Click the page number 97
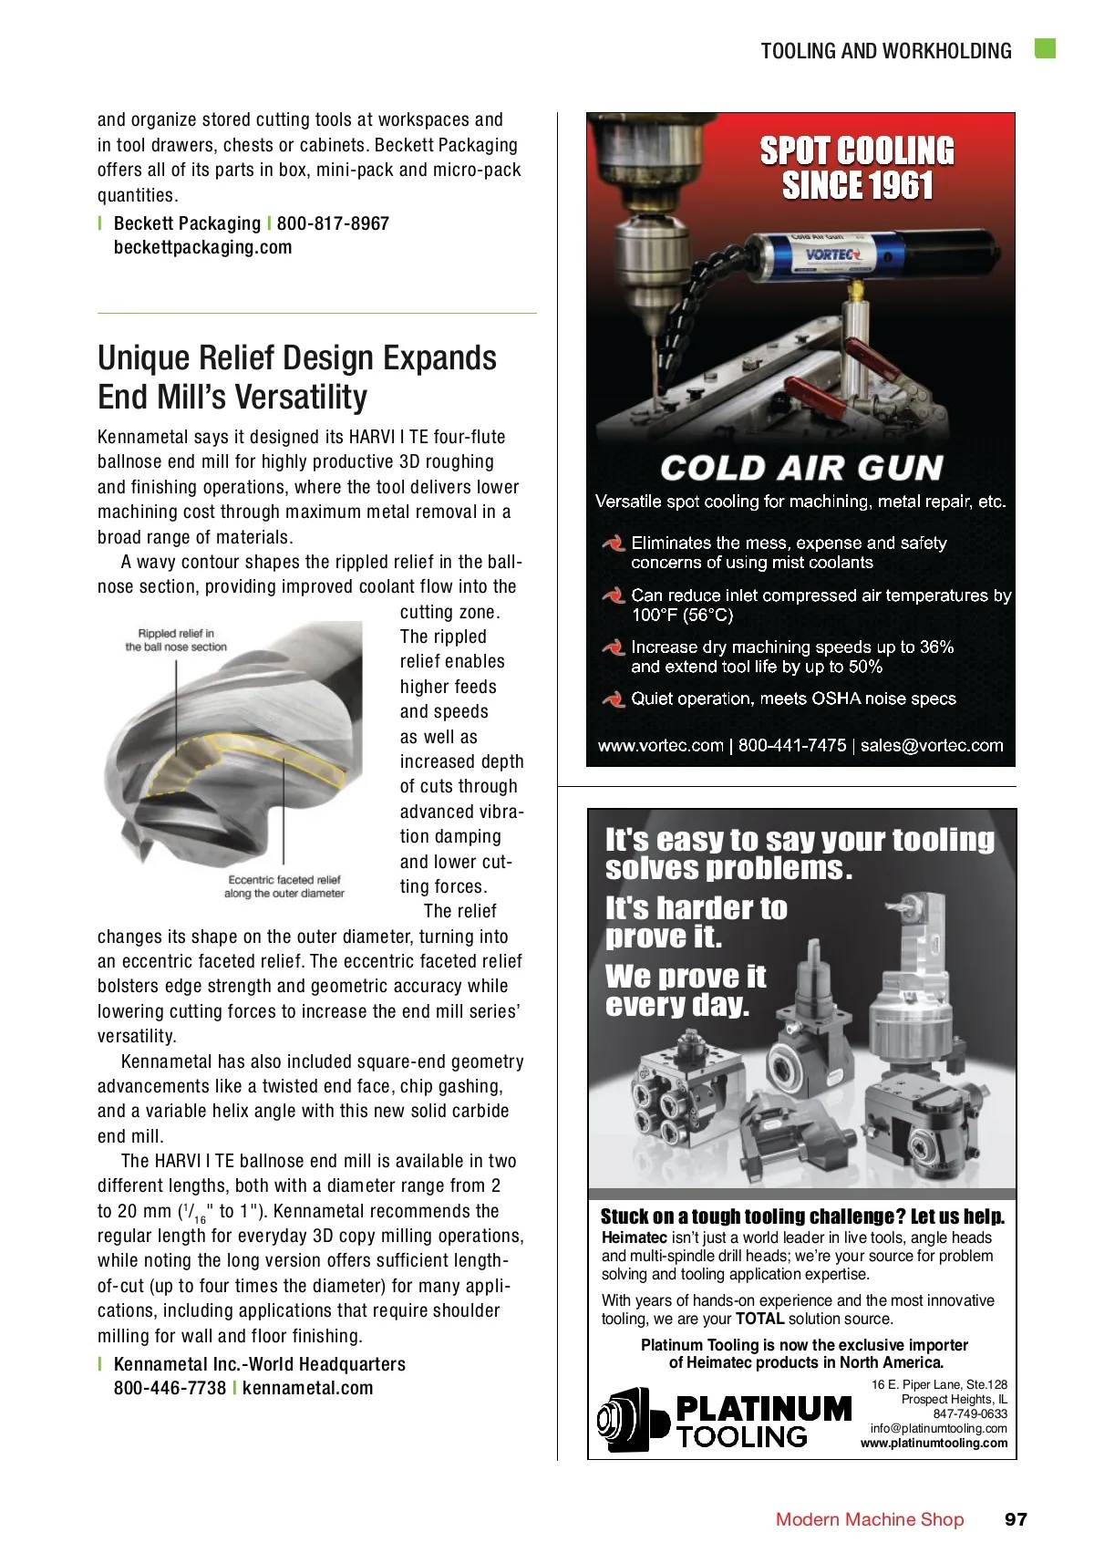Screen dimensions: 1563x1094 [1016, 1519]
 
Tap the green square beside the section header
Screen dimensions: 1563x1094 [1045, 49]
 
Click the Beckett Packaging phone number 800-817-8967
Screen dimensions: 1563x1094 [333, 224]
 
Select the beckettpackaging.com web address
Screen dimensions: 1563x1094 [202, 248]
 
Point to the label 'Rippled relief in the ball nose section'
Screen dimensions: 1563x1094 [176, 640]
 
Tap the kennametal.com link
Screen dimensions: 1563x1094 [308, 1389]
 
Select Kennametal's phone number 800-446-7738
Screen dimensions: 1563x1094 [170, 1389]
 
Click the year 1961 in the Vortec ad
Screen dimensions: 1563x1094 [898, 187]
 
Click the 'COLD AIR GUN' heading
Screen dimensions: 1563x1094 [800, 469]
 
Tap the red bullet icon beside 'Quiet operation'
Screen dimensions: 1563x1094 [613, 699]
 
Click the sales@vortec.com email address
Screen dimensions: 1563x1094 [931, 746]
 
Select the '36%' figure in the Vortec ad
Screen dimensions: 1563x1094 [936, 647]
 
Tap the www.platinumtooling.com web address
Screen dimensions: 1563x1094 [934, 1443]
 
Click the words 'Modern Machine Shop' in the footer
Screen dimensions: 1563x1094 [869, 1519]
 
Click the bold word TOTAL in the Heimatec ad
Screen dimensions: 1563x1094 [759, 1319]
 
